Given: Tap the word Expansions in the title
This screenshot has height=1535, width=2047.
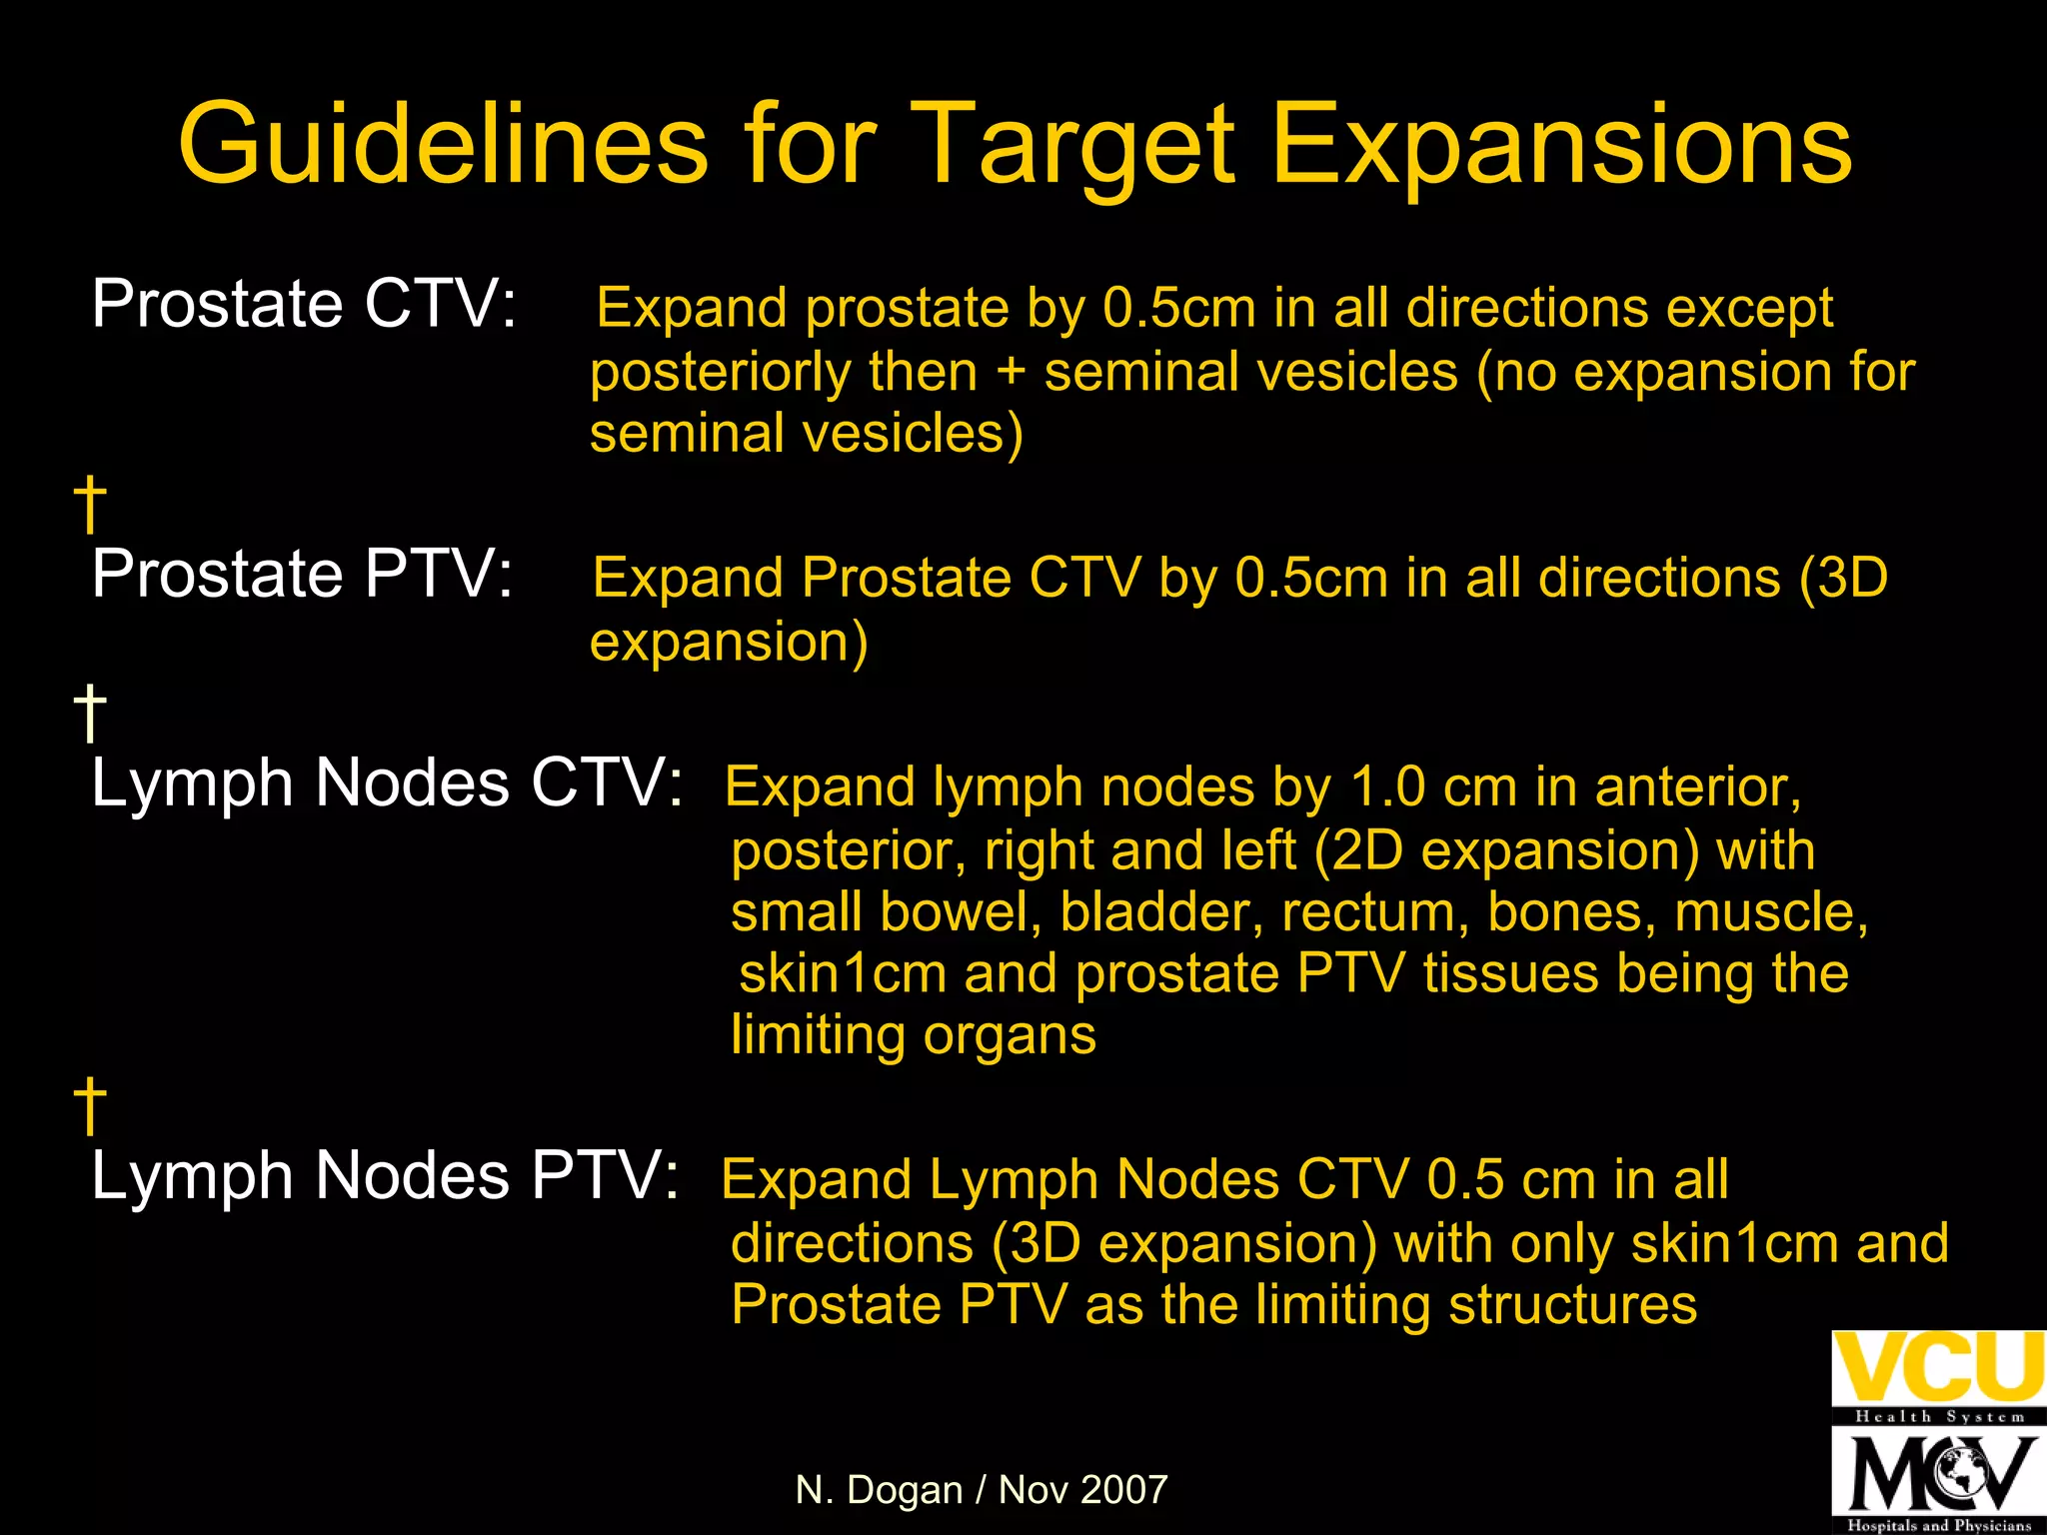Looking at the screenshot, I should (1561, 145).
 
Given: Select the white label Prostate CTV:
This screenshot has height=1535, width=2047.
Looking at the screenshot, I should (305, 304).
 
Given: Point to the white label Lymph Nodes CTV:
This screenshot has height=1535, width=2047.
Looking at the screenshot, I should (388, 782).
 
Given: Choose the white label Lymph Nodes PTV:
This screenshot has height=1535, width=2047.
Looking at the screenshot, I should (386, 1175).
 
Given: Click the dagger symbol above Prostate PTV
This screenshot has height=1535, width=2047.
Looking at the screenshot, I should (90, 504).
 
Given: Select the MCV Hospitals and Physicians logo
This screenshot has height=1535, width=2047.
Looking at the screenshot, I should (1938, 1480).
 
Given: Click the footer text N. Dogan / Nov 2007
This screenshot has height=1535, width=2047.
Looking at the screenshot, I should (982, 1490).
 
